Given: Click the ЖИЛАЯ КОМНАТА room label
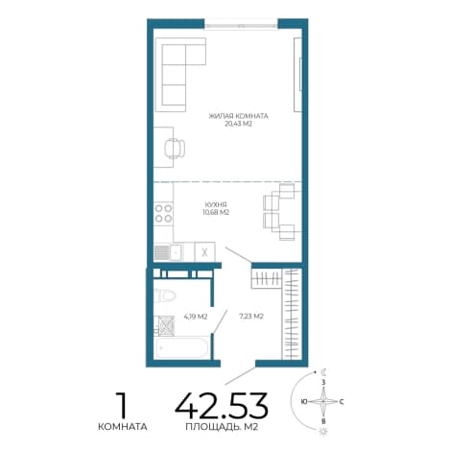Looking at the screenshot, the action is click(238, 116).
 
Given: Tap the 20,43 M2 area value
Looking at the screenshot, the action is click(239, 124).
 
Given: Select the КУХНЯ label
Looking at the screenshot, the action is click(216, 204).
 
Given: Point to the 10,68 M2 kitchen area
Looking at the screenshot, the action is click(216, 212).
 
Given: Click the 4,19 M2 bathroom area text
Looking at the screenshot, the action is click(196, 317).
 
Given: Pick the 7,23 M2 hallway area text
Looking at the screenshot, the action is click(251, 317).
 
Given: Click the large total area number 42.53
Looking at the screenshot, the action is click(222, 406).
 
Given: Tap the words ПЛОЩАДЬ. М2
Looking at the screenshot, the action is click(222, 427).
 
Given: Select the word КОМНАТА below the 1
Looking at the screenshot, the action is click(123, 427).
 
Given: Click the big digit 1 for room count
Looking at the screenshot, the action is click(122, 406).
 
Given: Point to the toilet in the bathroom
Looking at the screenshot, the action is click(165, 295).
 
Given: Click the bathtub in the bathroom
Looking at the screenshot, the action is click(181, 347).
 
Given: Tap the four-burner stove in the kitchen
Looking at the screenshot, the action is click(163, 214).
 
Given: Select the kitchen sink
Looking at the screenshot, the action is click(176, 252).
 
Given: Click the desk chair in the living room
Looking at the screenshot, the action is click(175, 148).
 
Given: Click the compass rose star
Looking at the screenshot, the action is click(323, 401).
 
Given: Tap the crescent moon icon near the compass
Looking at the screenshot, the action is click(324, 372).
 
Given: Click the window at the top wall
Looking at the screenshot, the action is click(241, 25).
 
